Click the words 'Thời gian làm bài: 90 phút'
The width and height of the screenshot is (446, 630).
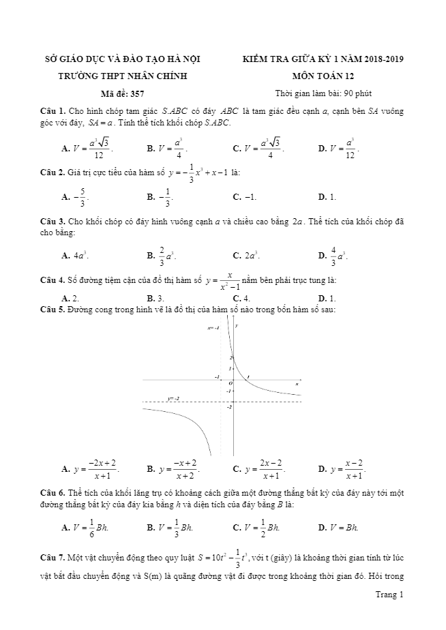coord(323,93)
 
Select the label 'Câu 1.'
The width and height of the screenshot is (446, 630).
coord(53,111)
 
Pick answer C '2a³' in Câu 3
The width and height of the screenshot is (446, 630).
coord(246,256)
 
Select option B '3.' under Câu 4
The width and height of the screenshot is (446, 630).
coord(155,298)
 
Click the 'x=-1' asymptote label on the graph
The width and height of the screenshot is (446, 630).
coord(213,328)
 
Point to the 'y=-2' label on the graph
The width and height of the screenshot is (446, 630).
coord(173,398)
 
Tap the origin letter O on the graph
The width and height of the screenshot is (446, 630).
coord(231,383)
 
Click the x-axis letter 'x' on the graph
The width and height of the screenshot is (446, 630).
coord(297,385)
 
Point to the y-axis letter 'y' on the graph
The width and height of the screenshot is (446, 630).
coord(237,327)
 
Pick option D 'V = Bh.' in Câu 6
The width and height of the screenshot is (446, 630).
coord(338,527)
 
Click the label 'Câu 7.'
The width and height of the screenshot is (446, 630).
coord(53,558)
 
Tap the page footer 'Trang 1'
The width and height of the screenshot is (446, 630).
coord(389,595)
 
